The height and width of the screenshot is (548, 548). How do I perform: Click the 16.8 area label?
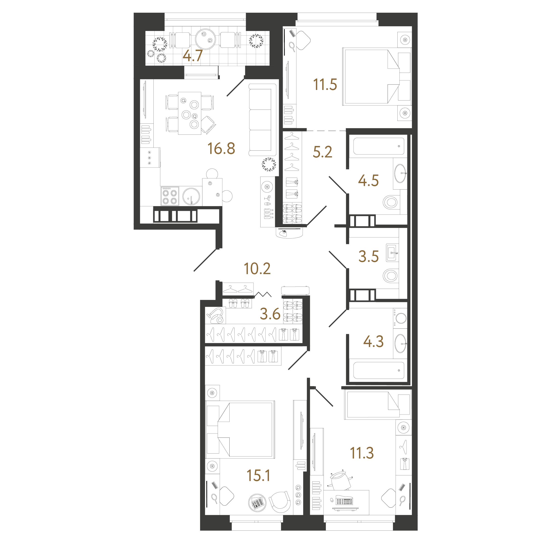click(x=221, y=148)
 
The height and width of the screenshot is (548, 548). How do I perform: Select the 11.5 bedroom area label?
click(x=325, y=85)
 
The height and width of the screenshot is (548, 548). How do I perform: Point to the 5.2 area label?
click(x=323, y=152)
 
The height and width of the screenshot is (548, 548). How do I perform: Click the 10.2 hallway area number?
click(x=257, y=268)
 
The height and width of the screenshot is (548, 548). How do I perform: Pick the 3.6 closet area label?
click(x=270, y=314)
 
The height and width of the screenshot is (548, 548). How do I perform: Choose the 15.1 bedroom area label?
click(x=258, y=475)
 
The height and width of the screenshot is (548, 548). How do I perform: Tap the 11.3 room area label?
click(x=362, y=453)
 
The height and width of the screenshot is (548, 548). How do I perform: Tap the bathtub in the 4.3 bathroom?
click(x=379, y=370)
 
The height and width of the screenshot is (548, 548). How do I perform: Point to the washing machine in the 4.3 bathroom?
click(x=400, y=318)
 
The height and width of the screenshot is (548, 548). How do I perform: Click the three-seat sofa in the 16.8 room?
click(x=262, y=120)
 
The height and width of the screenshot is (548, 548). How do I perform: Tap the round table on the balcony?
click(x=205, y=39)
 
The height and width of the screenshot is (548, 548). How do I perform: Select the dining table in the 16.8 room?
click(x=190, y=113)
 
